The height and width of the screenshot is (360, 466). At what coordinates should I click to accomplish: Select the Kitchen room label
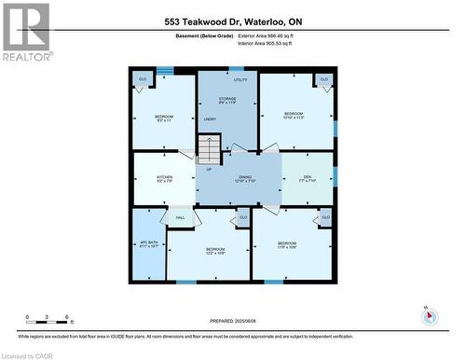point(164,179)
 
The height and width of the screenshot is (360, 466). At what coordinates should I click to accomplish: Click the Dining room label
point(245,179)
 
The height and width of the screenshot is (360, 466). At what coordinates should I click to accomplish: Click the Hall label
point(179,217)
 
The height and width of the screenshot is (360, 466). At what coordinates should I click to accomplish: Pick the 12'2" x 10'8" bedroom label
point(215,251)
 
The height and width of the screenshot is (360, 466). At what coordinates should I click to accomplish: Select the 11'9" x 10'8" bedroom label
point(293,247)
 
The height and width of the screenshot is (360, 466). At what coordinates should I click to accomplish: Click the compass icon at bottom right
point(428,315)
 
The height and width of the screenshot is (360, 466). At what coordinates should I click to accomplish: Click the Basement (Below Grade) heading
point(198,35)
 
